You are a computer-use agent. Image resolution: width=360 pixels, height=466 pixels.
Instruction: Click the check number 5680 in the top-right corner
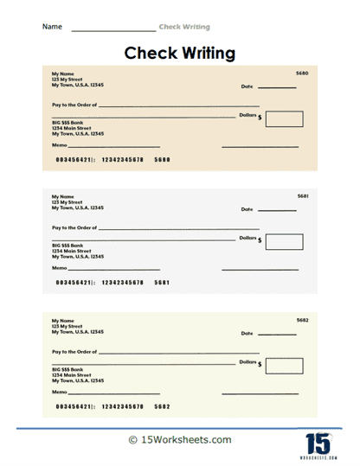[x=302, y=73]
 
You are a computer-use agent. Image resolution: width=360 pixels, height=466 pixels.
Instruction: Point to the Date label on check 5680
[x=247, y=87]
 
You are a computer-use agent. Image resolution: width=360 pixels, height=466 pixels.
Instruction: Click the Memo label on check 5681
[x=59, y=269]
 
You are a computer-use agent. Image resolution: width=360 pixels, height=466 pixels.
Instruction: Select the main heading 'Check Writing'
[x=180, y=54]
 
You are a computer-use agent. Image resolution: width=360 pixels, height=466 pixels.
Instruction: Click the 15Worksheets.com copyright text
[x=180, y=440]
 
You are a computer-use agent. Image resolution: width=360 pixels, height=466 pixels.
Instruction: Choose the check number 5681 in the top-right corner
[x=302, y=196]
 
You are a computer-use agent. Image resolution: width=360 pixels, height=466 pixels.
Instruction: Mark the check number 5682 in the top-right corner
[x=302, y=320]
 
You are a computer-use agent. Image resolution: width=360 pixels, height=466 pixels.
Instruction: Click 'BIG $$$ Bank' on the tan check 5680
[x=67, y=123]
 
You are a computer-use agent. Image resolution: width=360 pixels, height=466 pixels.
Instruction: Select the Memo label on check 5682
[x=59, y=393]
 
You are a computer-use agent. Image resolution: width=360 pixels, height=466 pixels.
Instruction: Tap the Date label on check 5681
[x=247, y=210]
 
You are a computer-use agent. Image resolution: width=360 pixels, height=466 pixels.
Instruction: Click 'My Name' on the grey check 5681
[x=62, y=196]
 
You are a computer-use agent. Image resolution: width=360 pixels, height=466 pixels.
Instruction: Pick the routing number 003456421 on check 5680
[x=74, y=160]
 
